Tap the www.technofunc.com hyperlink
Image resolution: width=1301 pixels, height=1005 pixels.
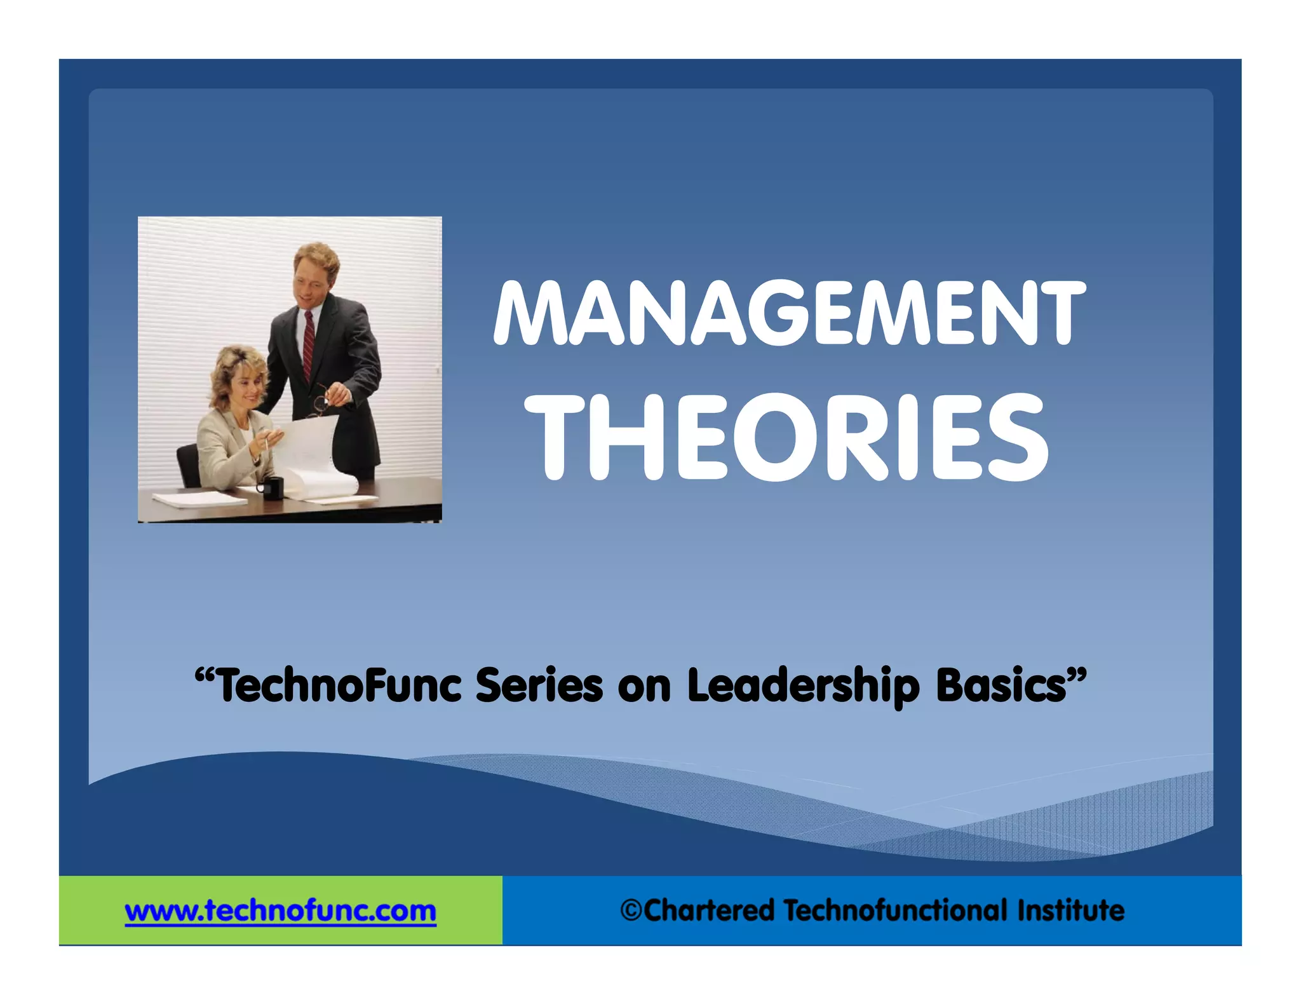pos(280,911)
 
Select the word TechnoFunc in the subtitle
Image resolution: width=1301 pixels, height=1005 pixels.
pos(339,686)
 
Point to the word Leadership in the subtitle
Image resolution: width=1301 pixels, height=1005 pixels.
pos(803,686)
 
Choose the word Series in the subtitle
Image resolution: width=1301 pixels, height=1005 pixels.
pos(539,686)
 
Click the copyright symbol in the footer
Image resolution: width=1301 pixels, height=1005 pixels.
pos(631,910)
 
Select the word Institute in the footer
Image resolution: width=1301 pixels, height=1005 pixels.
pos(1070,910)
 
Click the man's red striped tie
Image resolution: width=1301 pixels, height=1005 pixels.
pos(309,343)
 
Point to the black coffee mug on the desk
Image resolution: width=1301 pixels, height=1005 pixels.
pos(272,488)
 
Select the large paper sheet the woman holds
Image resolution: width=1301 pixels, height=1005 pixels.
pos(311,451)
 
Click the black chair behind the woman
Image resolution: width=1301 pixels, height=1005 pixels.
pos(188,464)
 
